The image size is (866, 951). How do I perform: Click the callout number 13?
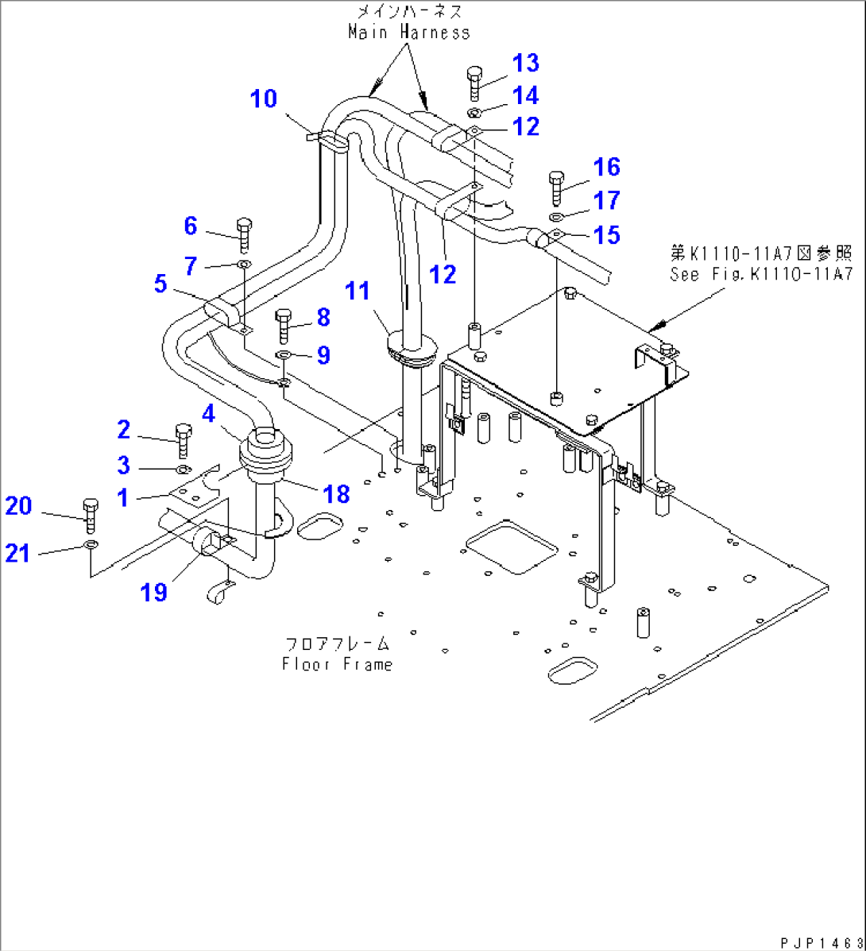[x=525, y=63]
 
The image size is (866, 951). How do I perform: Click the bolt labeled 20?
[x=89, y=515]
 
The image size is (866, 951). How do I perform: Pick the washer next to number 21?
[x=91, y=545]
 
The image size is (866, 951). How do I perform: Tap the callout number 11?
[x=358, y=292]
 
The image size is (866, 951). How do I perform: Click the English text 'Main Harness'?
[x=409, y=33]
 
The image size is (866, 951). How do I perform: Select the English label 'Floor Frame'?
[x=337, y=664]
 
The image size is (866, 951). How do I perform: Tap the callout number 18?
[x=337, y=493]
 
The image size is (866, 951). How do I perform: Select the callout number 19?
[x=154, y=591]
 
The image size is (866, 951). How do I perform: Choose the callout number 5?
[x=160, y=284]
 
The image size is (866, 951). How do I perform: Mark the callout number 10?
[x=264, y=99]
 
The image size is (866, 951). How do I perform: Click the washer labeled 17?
[x=556, y=217]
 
